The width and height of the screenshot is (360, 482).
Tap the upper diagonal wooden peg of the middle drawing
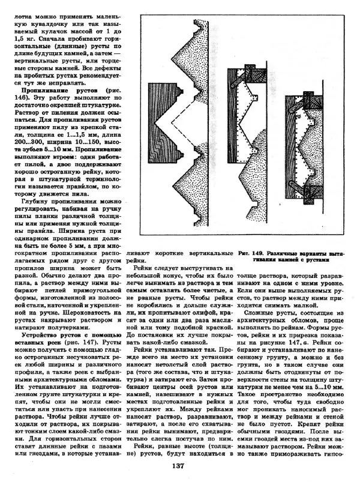[x=241, y=76]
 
